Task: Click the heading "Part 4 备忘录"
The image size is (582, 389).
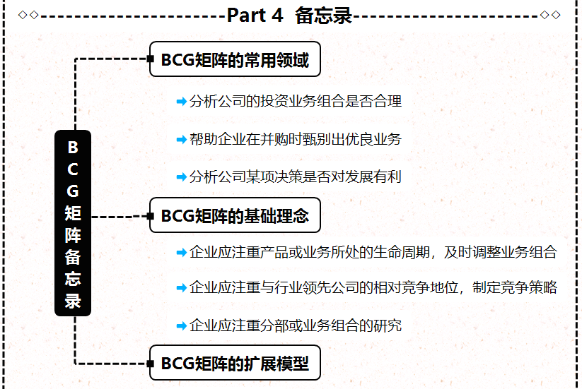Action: (x=289, y=16)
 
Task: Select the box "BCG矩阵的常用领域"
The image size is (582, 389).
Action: (x=235, y=60)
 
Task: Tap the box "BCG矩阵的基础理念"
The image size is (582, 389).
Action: (x=235, y=215)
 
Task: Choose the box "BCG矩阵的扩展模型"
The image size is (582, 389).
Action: (x=235, y=364)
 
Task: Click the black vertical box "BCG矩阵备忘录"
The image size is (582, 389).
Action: (x=73, y=223)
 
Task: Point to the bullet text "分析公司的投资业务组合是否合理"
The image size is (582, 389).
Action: (x=296, y=102)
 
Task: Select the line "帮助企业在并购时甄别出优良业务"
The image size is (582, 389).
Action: (x=296, y=139)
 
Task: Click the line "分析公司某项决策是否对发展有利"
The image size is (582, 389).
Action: (x=296, y=176)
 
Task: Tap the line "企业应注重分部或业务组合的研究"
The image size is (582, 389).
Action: (x=296, y=325)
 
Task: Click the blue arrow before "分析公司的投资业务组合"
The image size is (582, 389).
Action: (x=181, y=102)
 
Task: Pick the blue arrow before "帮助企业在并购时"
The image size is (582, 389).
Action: (x=181, y=139)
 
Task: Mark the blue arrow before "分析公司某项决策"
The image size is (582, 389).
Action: (x=181, y=176)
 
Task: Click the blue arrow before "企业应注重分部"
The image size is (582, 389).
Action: (x=181, y=325)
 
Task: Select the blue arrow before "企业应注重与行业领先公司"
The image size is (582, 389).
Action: (x=181, y=288)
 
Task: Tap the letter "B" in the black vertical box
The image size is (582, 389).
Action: (x=73, y=148)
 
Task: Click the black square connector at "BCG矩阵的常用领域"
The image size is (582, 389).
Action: (x=150, y=60)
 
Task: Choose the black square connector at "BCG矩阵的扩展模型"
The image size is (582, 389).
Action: (x=150, y=364)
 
